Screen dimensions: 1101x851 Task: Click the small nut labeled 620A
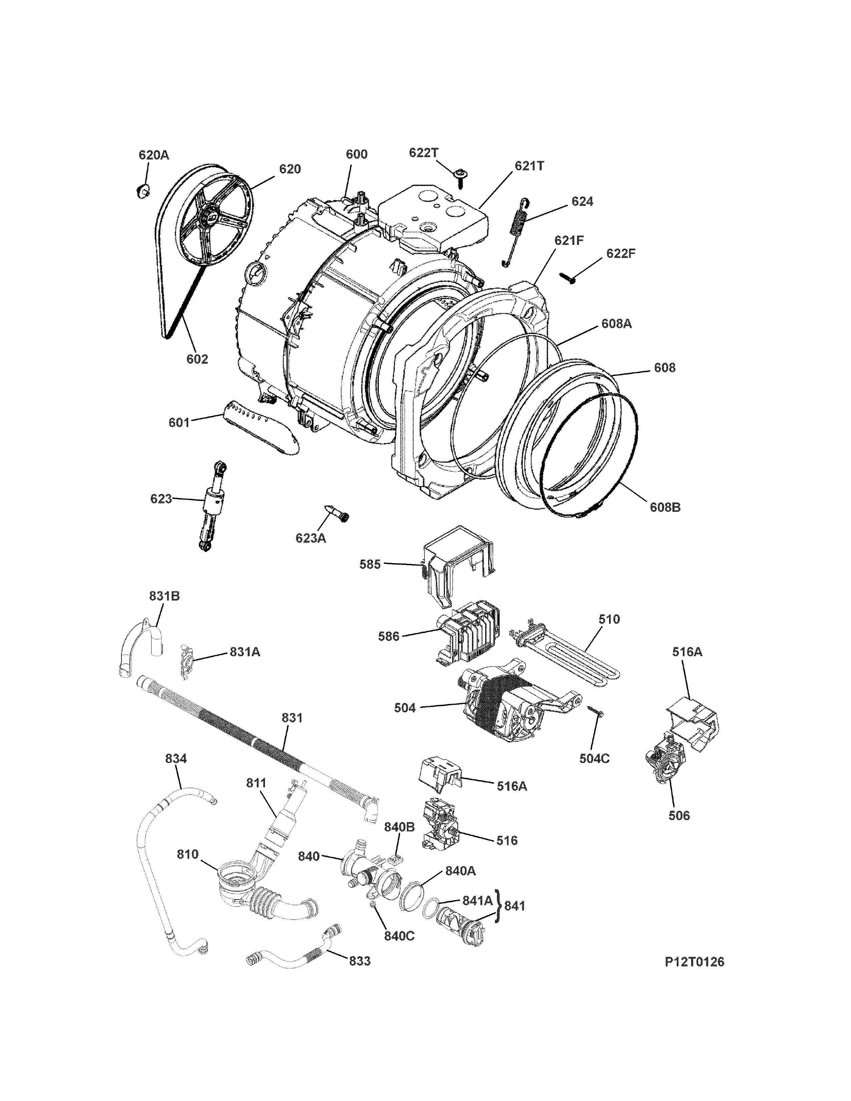point(142,191)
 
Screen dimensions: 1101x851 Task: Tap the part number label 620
point(290,169)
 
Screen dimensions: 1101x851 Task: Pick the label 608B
point(664,507)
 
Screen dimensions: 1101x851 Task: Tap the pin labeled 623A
point(336,514)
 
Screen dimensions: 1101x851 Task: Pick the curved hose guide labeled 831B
point(139,645)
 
